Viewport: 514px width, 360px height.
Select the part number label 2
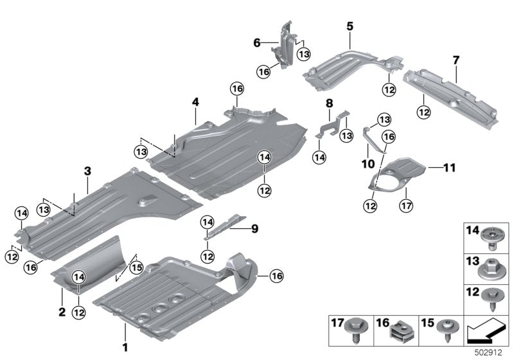[x=62, y=311]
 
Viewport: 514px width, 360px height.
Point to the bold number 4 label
[x=195, y=102]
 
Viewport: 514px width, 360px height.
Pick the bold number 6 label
[x=257, y=43]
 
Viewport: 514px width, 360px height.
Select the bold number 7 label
[x=456, y=60]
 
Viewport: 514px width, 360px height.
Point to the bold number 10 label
[x=368, y=165]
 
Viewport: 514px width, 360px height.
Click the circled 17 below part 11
[x=405, y=206]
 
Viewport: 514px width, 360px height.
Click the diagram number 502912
[x=492, y=352]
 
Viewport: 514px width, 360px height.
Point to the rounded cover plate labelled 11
[x=402, y=172]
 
